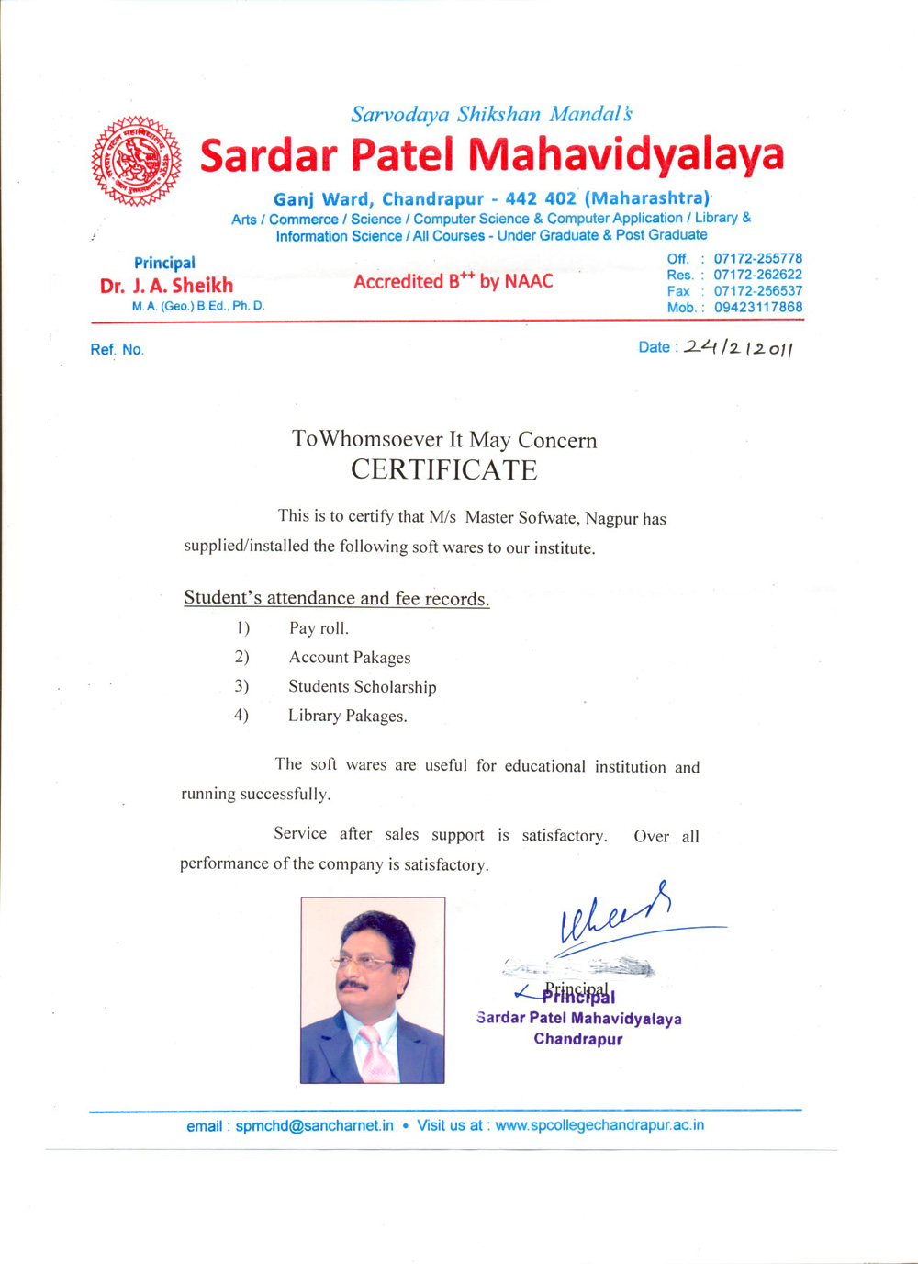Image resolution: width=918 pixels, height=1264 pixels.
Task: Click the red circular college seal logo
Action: (x=136, y=161)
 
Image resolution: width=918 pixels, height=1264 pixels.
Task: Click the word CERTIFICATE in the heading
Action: (x=443, y=470)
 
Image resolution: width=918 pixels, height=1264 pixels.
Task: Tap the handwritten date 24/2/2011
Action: (x=738, y=347)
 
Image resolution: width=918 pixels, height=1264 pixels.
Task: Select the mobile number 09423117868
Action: (x=758, y=308)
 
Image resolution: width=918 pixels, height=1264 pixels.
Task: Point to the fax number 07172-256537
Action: (x=758, y=291)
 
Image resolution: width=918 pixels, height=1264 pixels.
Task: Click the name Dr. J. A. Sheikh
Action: (x=166, y=286)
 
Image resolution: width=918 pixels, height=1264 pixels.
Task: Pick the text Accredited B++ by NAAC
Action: (x=453, y=281)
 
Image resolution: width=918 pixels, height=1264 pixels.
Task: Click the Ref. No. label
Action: (x=117, y=350)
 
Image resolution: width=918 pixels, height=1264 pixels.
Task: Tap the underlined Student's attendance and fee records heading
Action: (x=336, y=598)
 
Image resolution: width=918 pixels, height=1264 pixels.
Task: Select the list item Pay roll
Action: (x=319, y=628)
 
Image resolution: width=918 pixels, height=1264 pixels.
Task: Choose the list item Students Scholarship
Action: (x=362, y=687)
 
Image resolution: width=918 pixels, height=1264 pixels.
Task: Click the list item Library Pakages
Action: (x=347, y=716)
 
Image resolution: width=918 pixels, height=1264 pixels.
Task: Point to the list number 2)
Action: (x=241, y=657)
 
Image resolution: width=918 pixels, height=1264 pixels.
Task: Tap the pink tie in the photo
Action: (x=375, y=1053)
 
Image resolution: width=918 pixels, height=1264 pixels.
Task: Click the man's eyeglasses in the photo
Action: (x=364, y=963)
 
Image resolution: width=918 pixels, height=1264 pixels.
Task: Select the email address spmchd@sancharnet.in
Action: (x=314, y=1125)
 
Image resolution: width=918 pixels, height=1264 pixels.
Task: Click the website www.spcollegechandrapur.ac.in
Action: (x=599, y=1125)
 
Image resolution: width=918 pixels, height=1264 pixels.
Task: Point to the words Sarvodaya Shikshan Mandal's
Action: (x=491, y=115)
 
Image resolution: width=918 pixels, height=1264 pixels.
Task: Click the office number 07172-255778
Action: (x=758, y=259)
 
